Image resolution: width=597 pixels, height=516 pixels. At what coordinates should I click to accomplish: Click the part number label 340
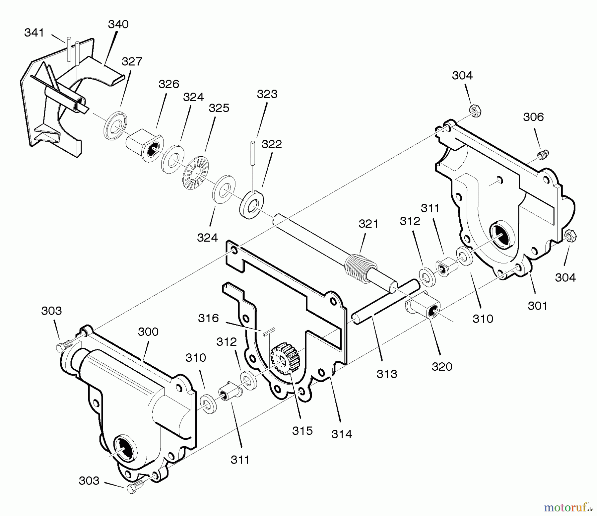tap(118, 24)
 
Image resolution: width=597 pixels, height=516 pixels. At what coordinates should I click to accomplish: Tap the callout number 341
tap(34, 33)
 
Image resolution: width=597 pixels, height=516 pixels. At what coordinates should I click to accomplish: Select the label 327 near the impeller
tap(132, 61)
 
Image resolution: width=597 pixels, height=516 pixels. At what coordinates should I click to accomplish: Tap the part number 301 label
tap(537, 306)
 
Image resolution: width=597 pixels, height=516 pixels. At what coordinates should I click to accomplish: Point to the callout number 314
tap(342, 434)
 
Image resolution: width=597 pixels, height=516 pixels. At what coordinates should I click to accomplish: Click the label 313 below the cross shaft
tap(387, 374)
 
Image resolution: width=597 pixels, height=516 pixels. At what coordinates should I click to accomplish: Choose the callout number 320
tap(442, 367)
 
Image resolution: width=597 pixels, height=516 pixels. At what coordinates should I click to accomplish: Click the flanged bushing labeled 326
tap(145, 145)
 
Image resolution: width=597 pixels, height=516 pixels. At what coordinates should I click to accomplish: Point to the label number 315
tap(302, 431)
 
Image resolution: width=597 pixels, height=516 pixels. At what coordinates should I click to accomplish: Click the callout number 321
tap(368, 224)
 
